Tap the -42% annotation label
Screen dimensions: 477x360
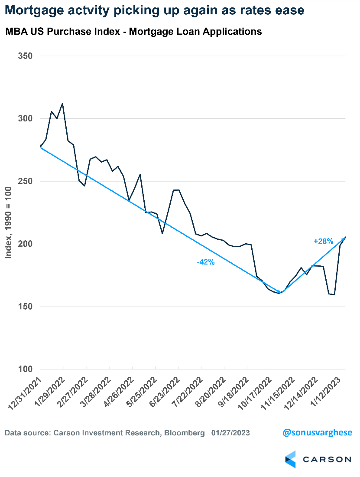(206, 262)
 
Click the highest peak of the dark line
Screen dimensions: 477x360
(63, 103)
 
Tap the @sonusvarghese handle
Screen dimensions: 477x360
(318, 432)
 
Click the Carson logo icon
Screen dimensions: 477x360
(290, 459)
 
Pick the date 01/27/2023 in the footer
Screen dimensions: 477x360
(230, 433)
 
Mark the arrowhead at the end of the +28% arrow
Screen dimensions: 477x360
(344, 238)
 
